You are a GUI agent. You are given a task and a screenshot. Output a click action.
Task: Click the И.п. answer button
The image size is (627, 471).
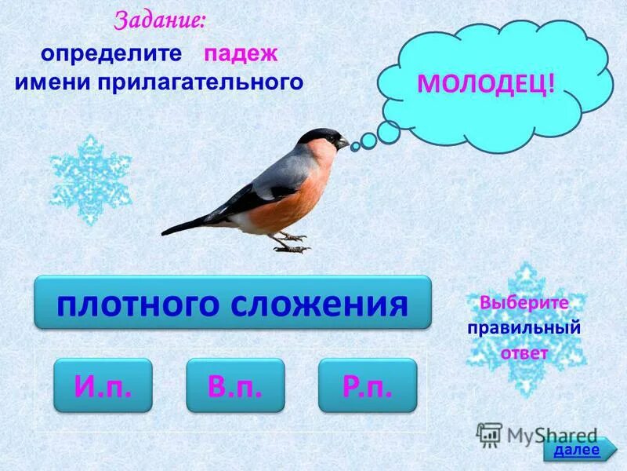(x=103, y=385)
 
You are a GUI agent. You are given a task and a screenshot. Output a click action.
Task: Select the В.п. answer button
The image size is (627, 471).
(x=234, y=385)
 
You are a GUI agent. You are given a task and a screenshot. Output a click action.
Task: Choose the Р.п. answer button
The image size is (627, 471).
(x=367, y=385)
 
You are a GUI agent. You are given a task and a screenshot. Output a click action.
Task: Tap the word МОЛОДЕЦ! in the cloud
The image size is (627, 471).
(x=486, y=83)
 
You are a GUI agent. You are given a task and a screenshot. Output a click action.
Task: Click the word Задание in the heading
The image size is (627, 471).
(x=160, y=21)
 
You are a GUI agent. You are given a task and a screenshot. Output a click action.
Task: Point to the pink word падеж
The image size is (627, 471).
(x=241, y=55)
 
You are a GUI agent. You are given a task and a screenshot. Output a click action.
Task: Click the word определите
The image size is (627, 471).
(x=111, y=55)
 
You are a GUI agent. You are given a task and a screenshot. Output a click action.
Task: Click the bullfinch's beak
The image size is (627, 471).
(x=344, y=144)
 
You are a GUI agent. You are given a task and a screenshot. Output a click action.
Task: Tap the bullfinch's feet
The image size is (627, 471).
(x=291, y=243)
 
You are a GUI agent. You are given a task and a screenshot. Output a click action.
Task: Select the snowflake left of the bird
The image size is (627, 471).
(x=90, y=180)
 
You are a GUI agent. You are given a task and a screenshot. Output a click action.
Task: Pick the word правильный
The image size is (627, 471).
(x=524, y=328)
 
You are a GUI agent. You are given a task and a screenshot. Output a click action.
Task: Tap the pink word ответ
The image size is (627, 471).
(x=524, y=352)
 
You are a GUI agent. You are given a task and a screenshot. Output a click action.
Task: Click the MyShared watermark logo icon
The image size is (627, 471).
(x=489, y=434)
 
